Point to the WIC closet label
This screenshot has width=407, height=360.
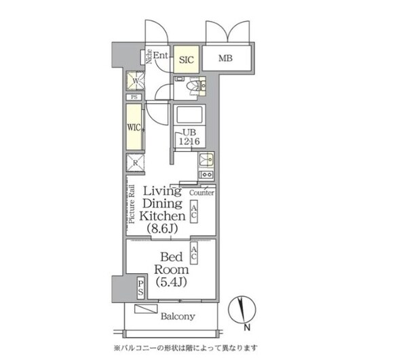(133, 126)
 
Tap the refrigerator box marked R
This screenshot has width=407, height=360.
(134, 163)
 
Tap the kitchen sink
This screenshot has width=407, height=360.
(206, 160)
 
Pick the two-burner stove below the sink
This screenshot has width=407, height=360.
(206, 176)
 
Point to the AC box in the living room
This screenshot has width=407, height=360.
(194, 211)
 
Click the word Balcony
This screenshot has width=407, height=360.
(178, 316)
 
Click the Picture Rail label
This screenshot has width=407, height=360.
(131, 205)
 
